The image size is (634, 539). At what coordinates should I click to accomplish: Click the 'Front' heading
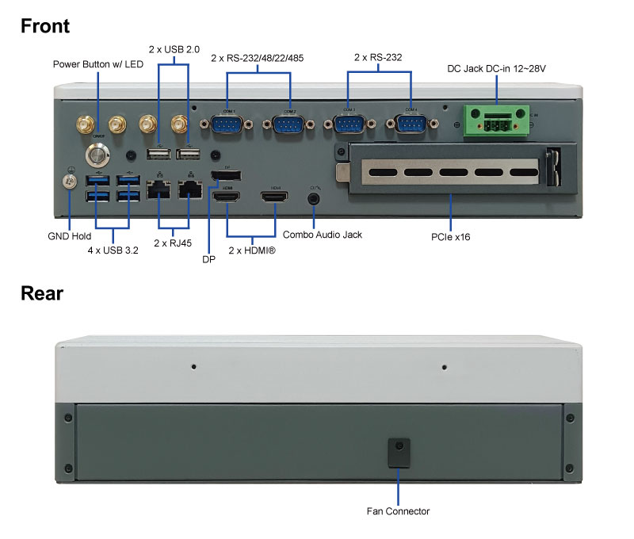45,26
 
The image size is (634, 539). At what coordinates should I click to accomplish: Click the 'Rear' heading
42,293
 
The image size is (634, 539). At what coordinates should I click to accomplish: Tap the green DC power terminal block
497,120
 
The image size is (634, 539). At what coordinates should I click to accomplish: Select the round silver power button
98,152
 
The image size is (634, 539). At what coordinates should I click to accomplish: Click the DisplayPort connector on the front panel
226,174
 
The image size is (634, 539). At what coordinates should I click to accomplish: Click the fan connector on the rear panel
398,452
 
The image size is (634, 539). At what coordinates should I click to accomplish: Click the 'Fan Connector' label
398,511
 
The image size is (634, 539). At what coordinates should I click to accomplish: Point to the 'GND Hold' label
69,236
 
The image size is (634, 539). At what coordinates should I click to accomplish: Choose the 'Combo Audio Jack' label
323,235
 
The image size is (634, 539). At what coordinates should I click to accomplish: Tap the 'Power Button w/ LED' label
97,63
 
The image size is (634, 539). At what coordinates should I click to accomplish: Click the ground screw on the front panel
69,182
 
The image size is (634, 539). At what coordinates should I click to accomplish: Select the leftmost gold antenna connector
84,124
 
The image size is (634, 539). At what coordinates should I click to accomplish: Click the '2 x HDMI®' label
251,250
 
